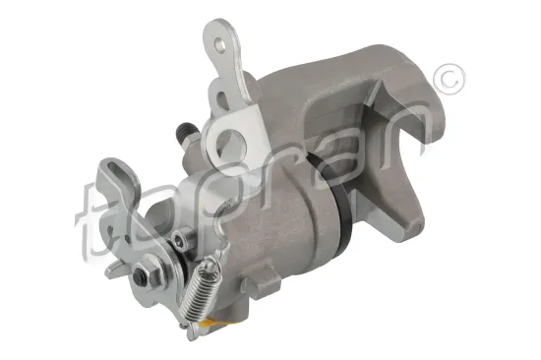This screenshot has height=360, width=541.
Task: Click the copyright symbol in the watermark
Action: tap(449, 80)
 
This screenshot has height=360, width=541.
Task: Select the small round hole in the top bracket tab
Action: tap(218, 44)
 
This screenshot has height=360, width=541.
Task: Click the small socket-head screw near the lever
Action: tap(179, 240)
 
